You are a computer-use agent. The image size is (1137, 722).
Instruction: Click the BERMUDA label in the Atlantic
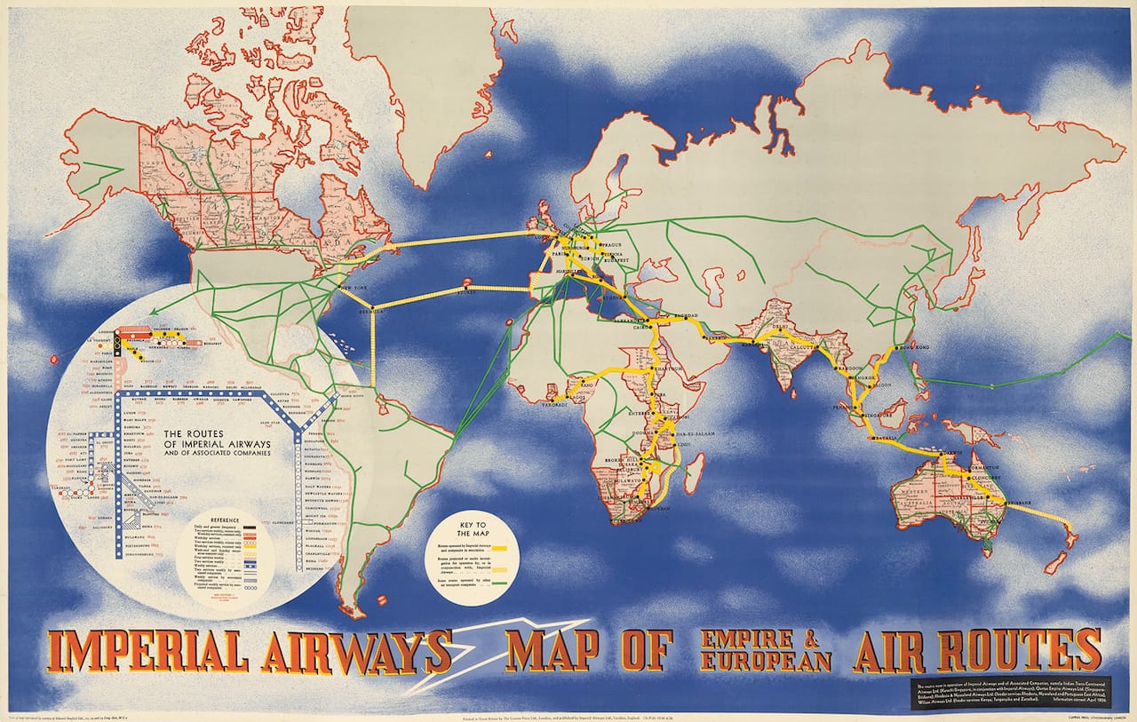371,312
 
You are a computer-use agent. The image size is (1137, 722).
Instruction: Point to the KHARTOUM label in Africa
669,369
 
